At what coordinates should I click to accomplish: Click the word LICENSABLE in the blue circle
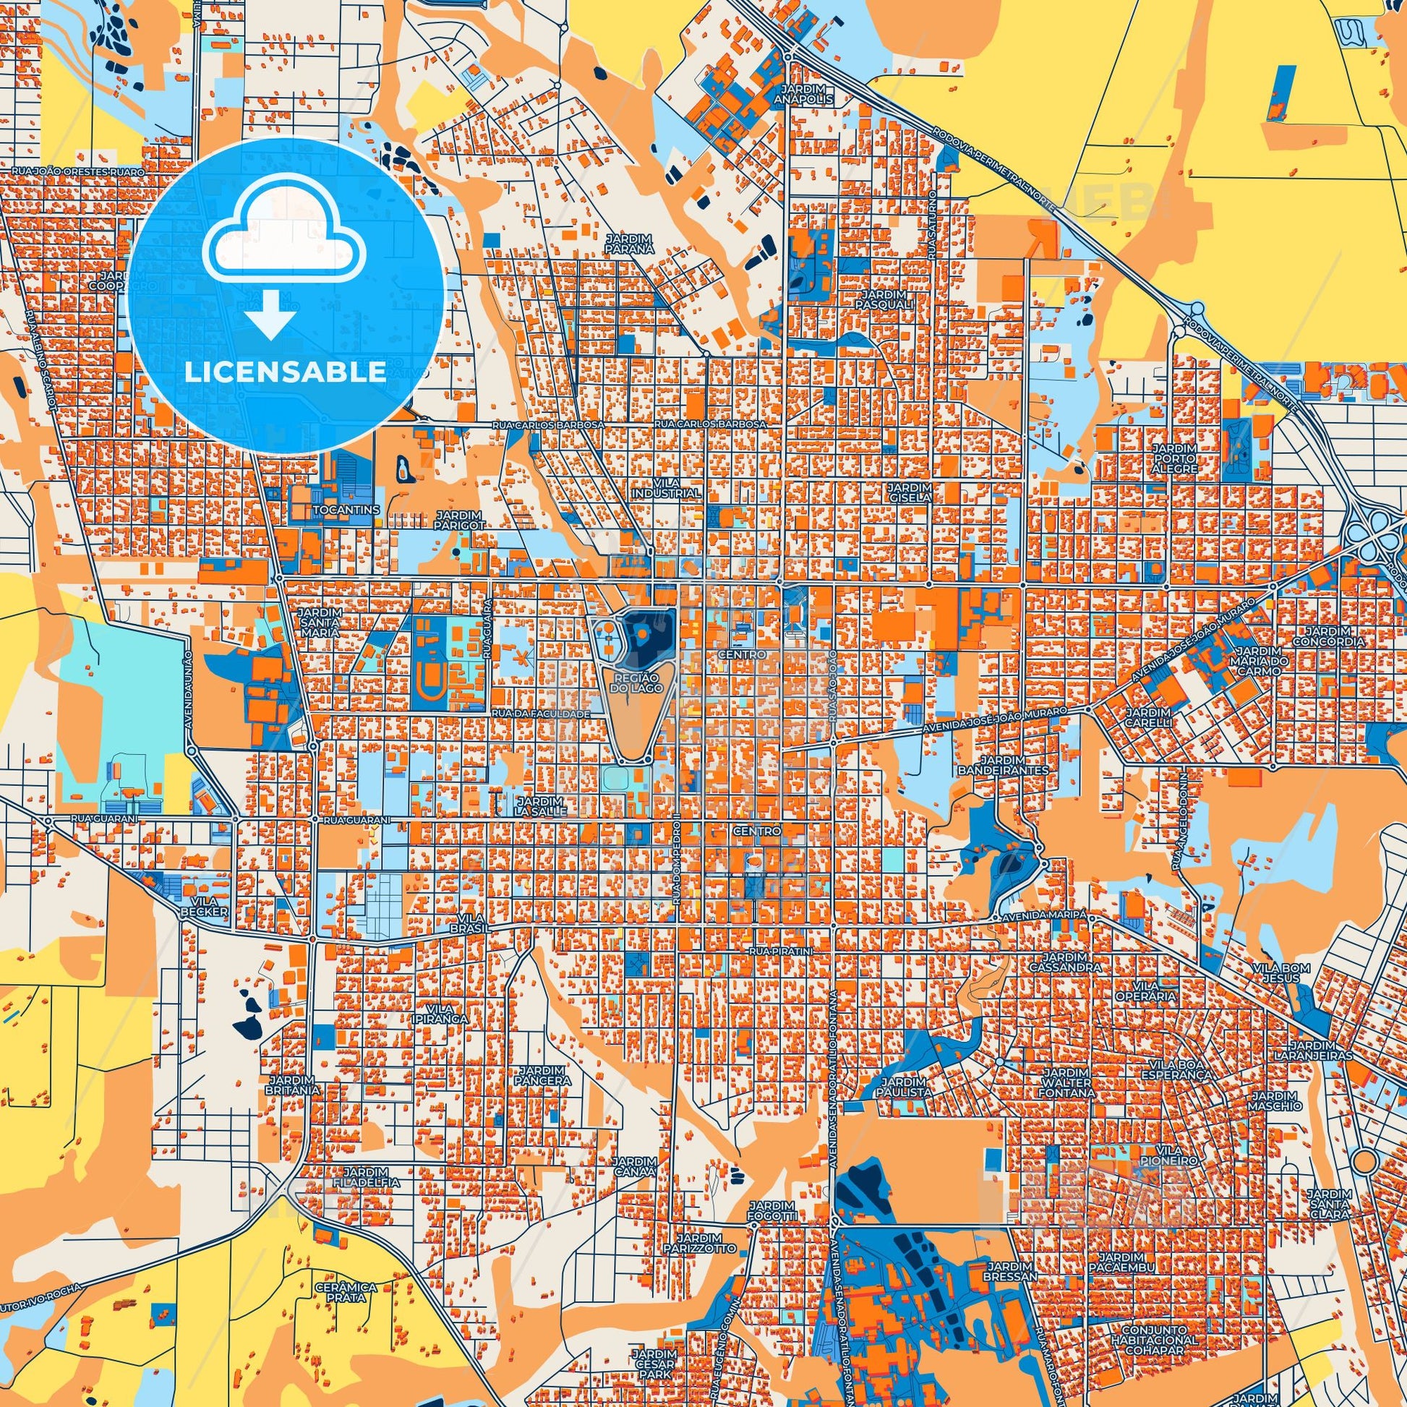[286, 372]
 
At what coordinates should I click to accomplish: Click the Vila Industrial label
[666, 487]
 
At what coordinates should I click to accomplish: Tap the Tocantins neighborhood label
[346, 510]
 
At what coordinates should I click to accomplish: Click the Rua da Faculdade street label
[540, 714]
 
